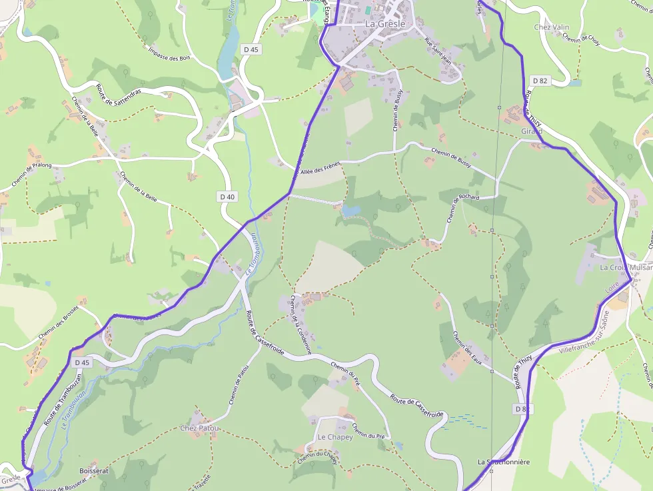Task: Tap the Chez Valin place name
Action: (x=552, y=27)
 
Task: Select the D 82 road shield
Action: (x=540, y=81)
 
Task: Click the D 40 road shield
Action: (x=227, y=197)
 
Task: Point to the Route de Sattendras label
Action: (x=119, y=94)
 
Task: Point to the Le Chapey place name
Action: (x=334, y=437)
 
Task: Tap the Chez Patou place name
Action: (x=199, y=428)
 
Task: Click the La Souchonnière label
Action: (x=503, y=462)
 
